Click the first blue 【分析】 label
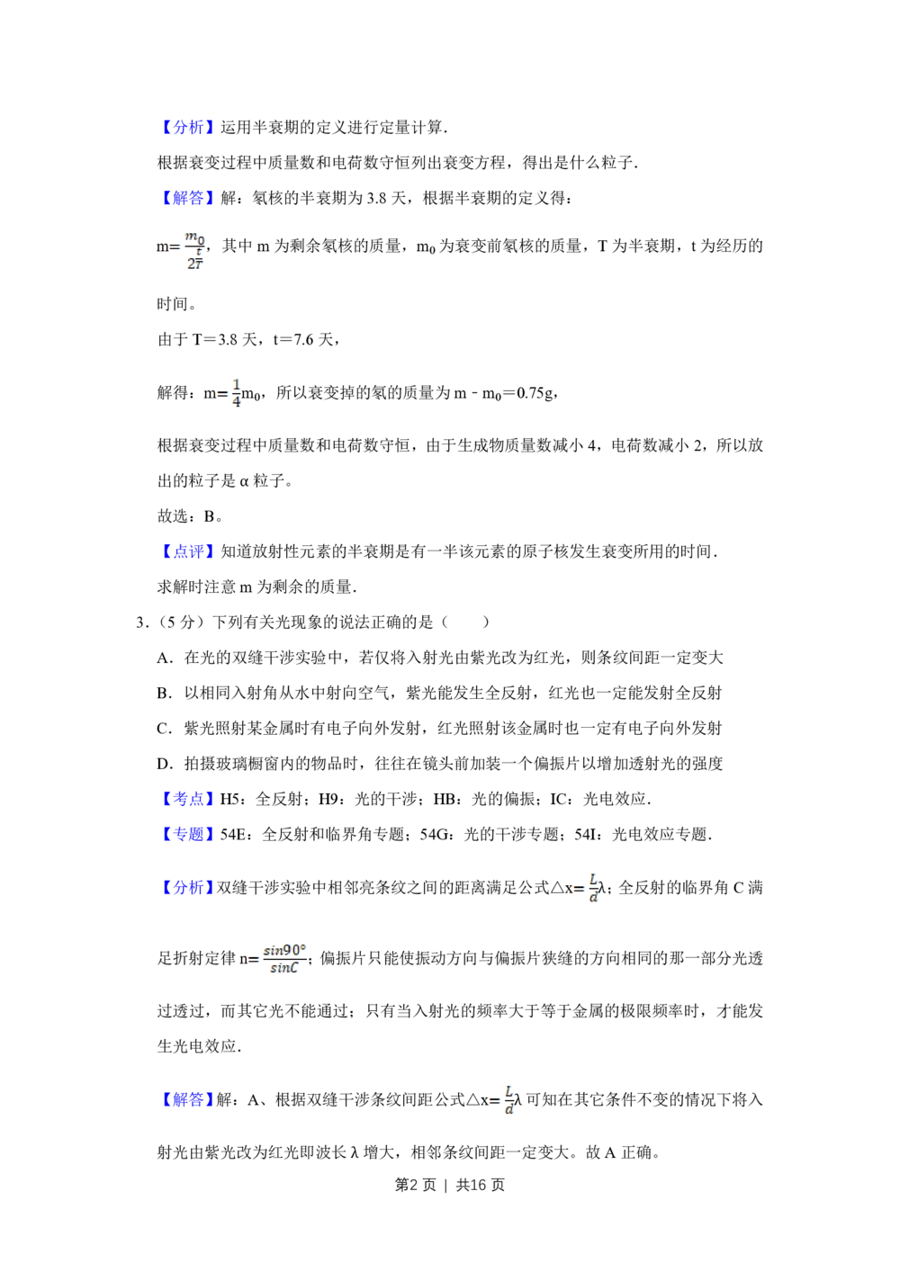pos(187,127)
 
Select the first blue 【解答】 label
pos(187,198)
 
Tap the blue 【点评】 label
pos(187,551)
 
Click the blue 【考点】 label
pos(187,797)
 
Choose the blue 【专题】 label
pos(187,833)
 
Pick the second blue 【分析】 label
pos(187,889)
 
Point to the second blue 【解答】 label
pos(187,1098)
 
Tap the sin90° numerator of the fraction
pos(286,949)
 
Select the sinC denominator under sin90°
pos(284,969)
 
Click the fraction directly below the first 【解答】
pos(193,251)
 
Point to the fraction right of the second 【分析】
pos(592,889)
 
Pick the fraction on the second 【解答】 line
pos(509,1099)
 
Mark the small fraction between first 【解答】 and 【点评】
pos(237,393)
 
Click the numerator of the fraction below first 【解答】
pos(194,238)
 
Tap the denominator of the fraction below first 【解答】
pos(193,264)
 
